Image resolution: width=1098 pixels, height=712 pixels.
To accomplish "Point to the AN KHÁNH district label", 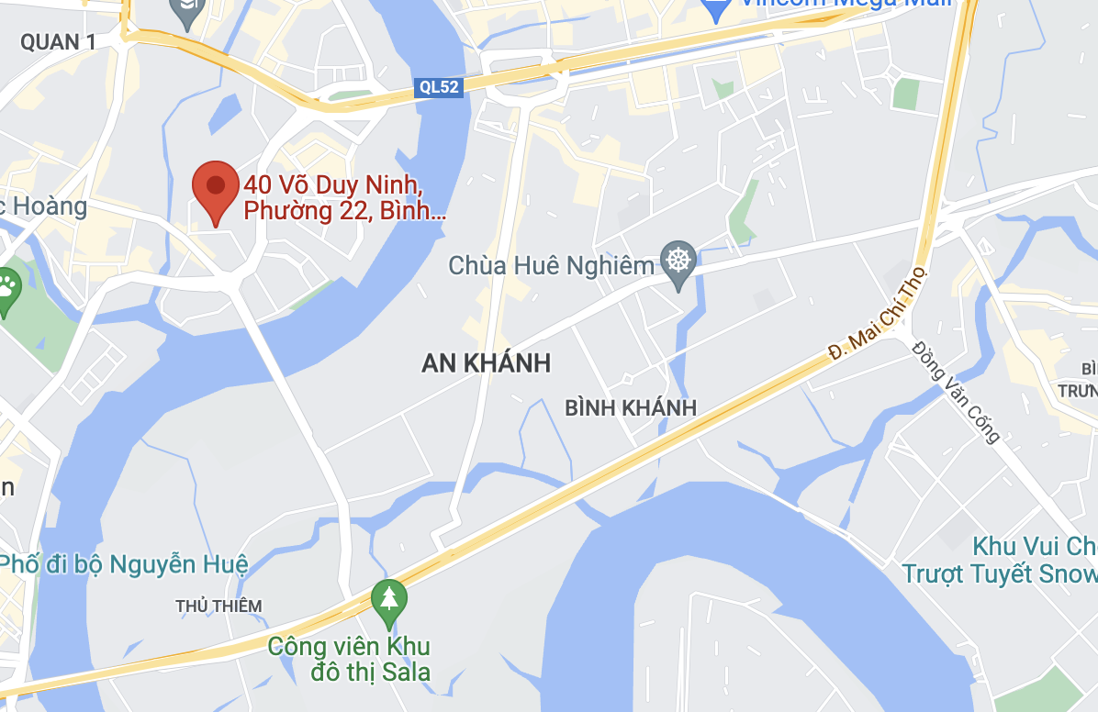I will click(486, 363).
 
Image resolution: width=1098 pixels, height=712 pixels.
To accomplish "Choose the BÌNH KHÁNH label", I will click(631, 408).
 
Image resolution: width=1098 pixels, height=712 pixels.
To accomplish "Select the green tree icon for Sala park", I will click(389, 597).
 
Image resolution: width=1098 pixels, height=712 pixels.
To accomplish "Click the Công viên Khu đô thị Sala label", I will click(349, 659).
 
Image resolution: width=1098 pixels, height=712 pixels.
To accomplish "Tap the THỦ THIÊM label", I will click(218, 606).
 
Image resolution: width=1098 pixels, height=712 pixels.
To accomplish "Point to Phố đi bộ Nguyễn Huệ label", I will click(124, 564).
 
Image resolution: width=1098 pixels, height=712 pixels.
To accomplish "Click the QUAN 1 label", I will click(58, 41).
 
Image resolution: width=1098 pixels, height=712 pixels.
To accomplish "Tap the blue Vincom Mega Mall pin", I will click(714, 8).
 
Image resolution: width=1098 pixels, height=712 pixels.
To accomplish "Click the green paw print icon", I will click(7, 286).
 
